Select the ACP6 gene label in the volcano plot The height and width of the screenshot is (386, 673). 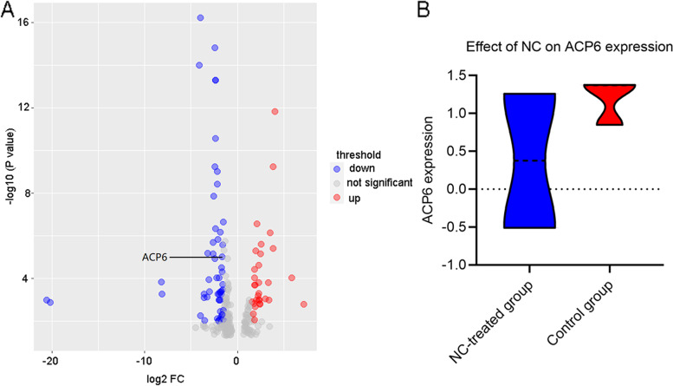coord(155,257)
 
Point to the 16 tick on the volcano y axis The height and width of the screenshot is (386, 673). coord(26,23)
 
